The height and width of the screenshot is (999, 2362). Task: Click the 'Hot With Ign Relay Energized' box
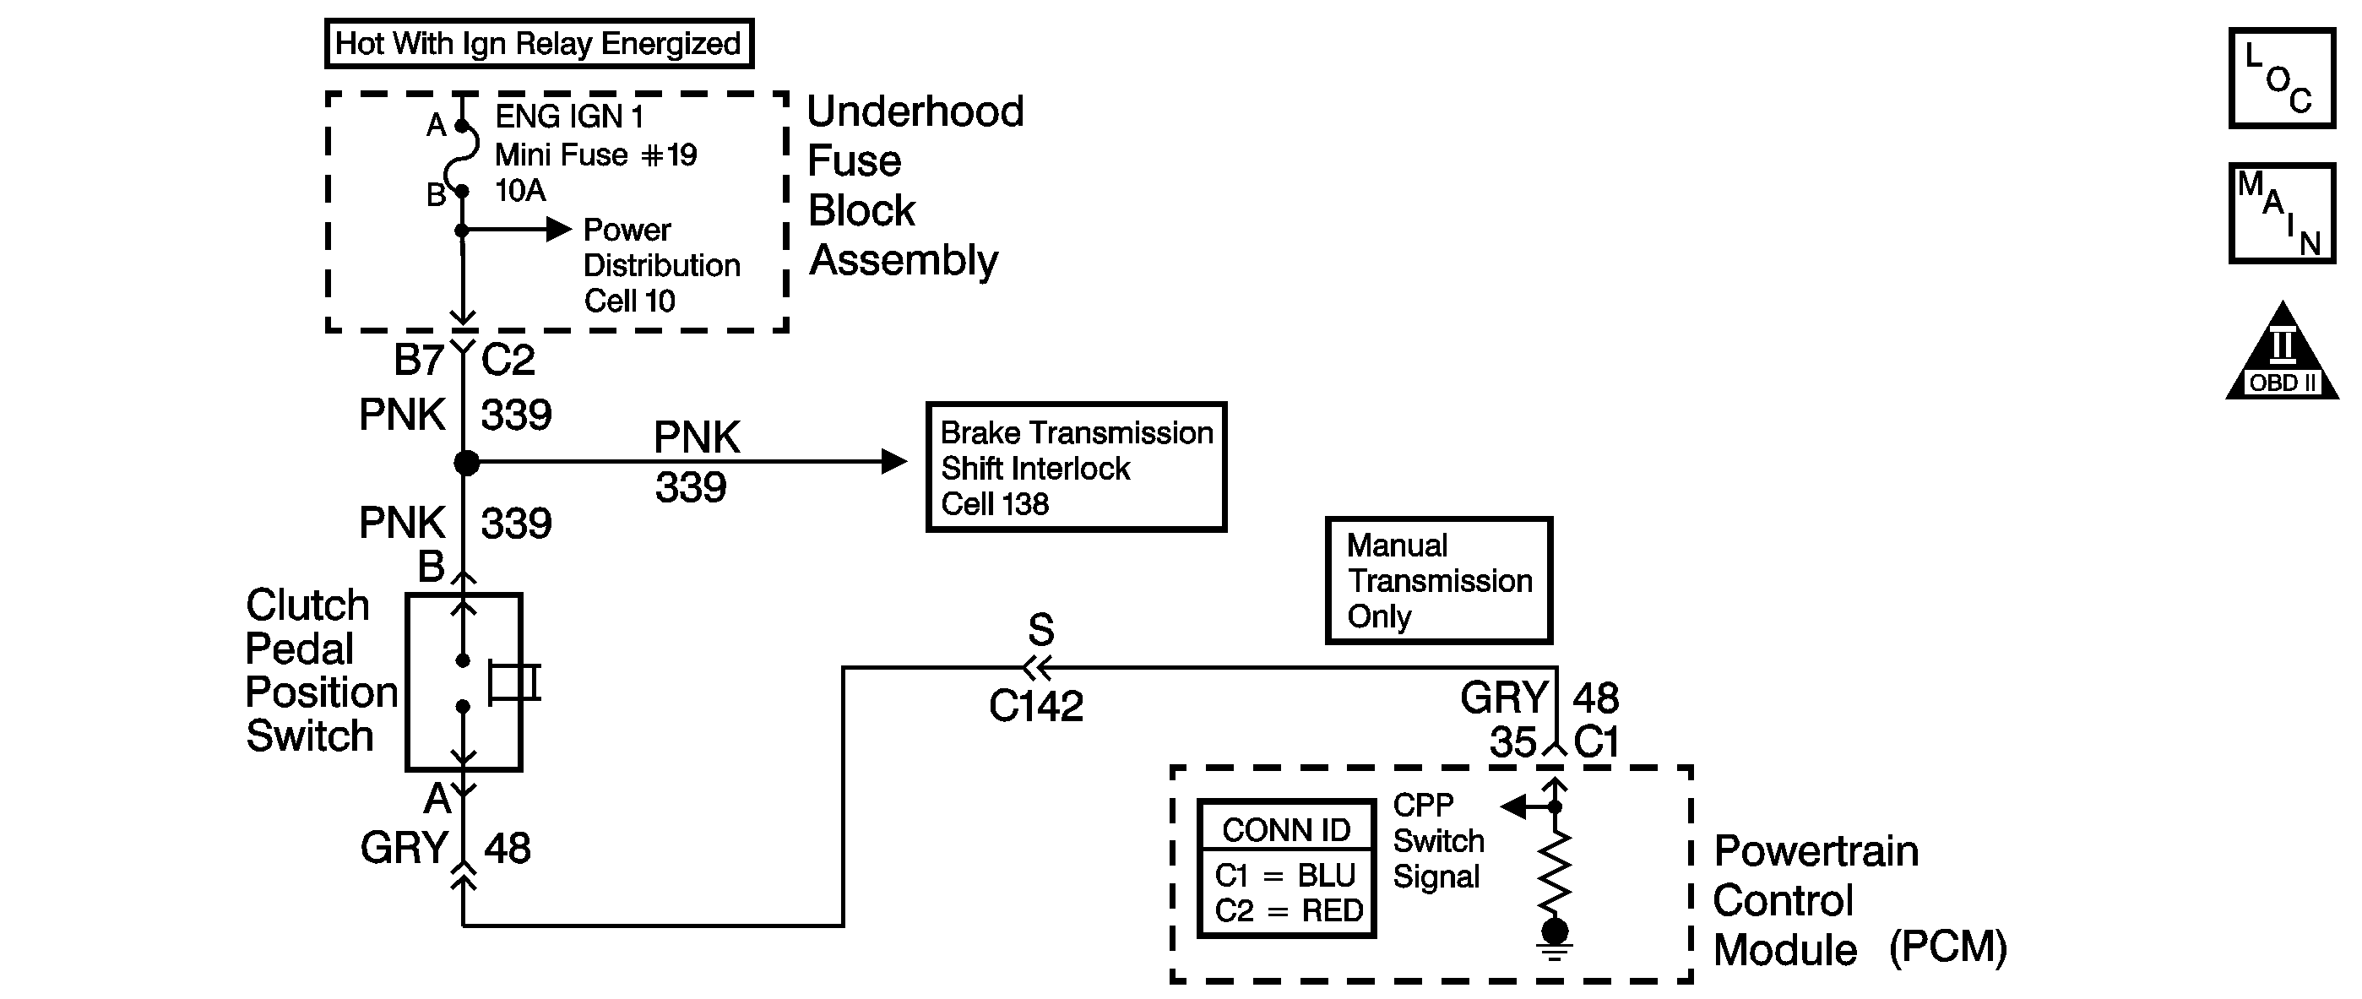click(x=539, y=43)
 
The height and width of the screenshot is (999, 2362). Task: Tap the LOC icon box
click(x=2281, y=79)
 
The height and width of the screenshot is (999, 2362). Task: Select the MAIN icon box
click(x=2281, y=213)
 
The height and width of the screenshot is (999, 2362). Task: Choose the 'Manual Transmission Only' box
click(x=1439, y=581)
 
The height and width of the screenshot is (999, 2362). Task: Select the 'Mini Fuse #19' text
click(x=596, y=155)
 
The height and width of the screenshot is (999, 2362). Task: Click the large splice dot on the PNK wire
click(x=467, y=463)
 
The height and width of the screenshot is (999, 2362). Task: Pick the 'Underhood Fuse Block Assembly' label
click(x=915, y=186)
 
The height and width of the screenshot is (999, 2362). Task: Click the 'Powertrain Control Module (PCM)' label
click(x=1860, y=901)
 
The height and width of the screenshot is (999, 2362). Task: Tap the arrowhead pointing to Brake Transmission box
click(x=893, y=461)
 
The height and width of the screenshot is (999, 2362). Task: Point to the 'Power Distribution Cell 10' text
click(x=661, y=266)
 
